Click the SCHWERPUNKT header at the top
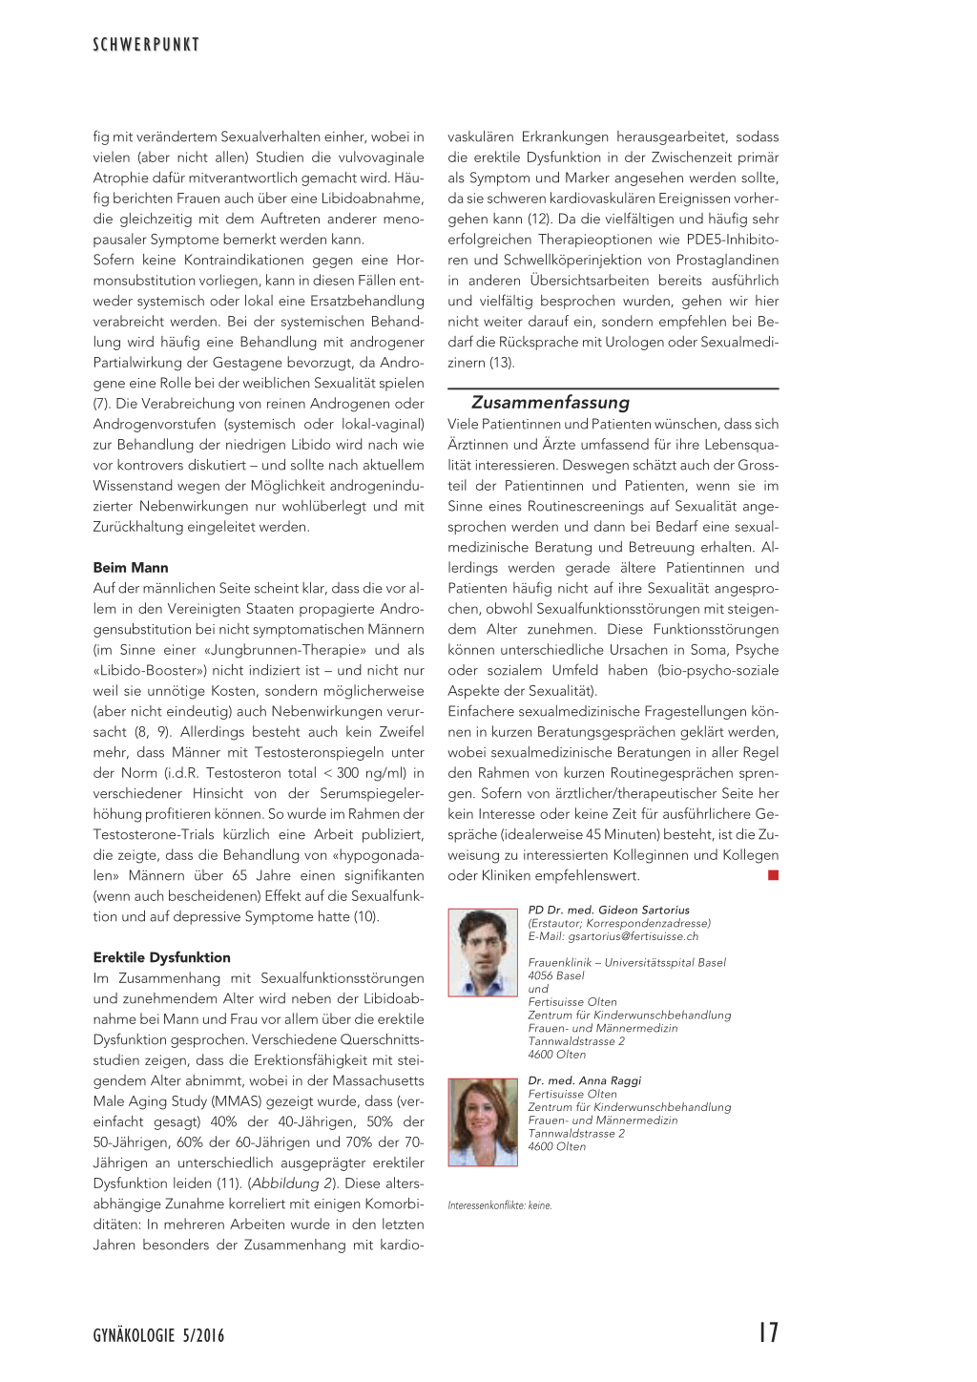pyautogui.click(x=146, y=45)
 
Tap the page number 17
pyautogui.click(x=768, y=1333)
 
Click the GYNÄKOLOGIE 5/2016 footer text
pyautogui.click(x=158, y=1335)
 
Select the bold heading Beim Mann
pyautogui.click(x=131, y=568)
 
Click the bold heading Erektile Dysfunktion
pyautogui.click(x=162, y=957)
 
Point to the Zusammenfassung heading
pyautogui.click(x=551, y=403)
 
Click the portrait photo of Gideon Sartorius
pyautogui.click(x=483, y=953)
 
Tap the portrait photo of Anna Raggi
pyautogui.click(x=483, y=1121)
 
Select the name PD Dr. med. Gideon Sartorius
pyautogui.click(x=609, y=910)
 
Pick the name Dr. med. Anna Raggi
pyautogui.click(x=585, y=1080)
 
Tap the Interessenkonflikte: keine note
pyautogui.click(x=500, y=1205)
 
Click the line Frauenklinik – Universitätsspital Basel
pyautogui.click(x=627, y=962)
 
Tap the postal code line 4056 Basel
pyautogui.click(x=556, y=975)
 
